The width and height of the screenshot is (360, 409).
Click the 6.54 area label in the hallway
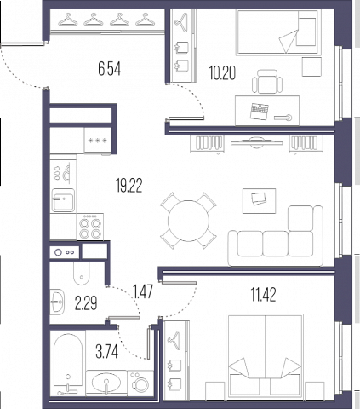(x=110, y=69)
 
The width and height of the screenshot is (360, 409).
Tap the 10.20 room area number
(x=222, y=72)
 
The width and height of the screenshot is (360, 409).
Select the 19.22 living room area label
(x=129, y=186)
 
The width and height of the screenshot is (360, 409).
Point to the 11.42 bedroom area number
(x=263, y=294)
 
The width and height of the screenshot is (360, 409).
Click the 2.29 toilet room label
(x=86, y=302)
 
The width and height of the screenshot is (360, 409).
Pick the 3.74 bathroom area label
(x=106, y=352)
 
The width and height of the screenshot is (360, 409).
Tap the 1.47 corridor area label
(x=144, y=291)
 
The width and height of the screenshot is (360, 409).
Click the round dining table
(x=188, y=221)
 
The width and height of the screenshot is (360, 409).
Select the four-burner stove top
(x=90, y=227)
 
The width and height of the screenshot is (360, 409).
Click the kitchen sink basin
(x=63, y=200)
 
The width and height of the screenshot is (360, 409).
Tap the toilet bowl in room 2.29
(x=81, y=273)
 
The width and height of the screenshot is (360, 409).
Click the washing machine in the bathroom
(x=140, y=383)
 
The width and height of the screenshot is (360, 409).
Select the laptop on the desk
(x=260, y=111)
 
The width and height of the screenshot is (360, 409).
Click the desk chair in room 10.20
(x=267, y=82)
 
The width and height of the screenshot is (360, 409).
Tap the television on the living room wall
(x=257, y=142)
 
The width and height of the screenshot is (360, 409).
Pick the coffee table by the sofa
(x=259, y=200)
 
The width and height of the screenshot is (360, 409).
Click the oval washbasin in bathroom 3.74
(x=106, y=382)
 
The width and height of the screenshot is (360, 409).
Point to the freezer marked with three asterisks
(x=97, y=140)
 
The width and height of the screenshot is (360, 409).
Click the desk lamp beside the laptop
(x=283, y=118)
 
